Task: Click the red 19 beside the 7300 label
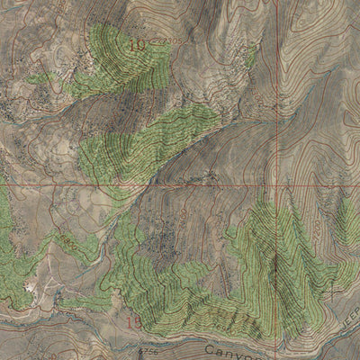coord(138,43)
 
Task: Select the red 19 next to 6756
coord(134,321)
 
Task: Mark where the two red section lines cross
coord(274,184)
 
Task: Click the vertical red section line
coord(274,90)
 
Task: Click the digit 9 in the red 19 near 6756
coord(138,321)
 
